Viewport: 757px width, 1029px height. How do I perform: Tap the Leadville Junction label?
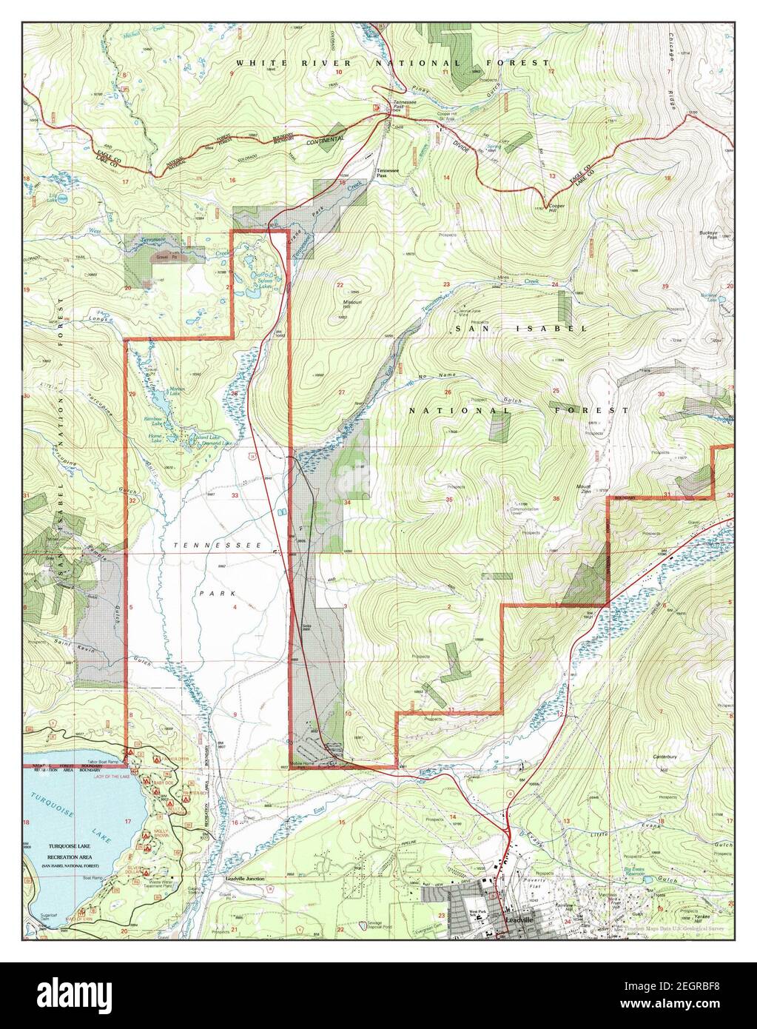(x=244, y=879)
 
